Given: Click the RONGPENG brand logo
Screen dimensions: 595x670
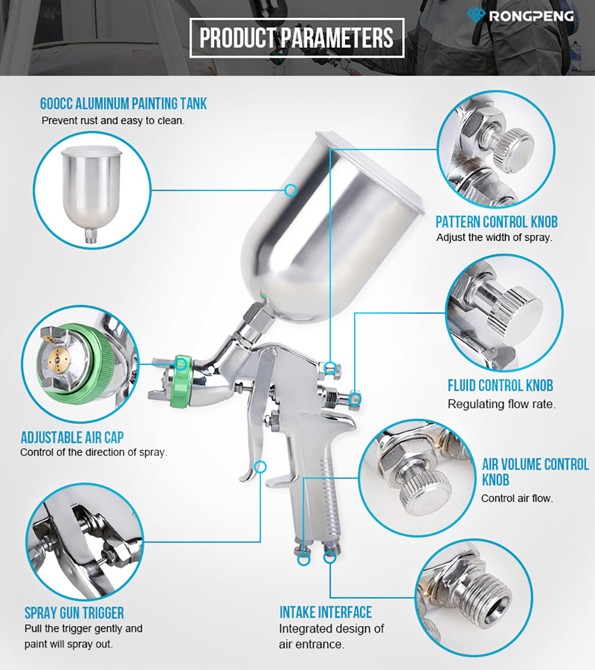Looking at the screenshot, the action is click(520, 15).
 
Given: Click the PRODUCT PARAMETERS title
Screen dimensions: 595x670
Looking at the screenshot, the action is click(296, 37).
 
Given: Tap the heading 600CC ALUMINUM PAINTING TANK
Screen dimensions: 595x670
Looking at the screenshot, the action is click(123, 104).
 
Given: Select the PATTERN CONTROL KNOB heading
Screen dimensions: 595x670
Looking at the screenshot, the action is click(497, 222).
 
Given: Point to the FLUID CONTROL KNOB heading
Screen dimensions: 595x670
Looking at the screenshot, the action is click(500, 386).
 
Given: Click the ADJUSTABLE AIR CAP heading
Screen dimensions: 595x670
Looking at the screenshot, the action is click(72, 437).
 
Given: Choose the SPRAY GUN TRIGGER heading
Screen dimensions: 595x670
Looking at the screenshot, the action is click(74, 613).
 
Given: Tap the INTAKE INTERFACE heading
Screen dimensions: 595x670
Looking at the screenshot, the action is click(325, 612).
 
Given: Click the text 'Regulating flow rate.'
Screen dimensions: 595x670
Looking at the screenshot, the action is click(502, 404).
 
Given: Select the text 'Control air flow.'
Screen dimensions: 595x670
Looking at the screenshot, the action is click(517, 499).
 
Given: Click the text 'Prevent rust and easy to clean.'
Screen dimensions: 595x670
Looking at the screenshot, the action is click(113, 121).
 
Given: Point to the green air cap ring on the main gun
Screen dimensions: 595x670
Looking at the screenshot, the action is click(180, 381).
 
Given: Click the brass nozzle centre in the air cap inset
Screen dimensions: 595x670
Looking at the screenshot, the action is click(58, 361).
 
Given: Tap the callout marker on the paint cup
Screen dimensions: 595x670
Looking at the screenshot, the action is click(291, 190).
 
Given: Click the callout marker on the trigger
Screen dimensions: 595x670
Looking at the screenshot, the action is click(260, 467).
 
